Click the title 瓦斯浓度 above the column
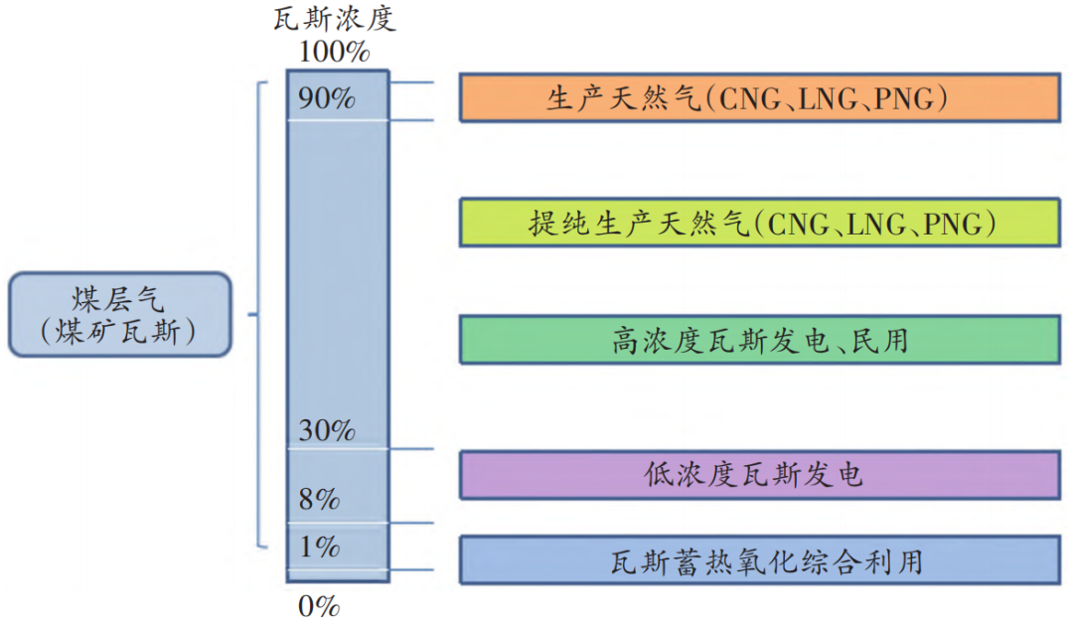point(335,19)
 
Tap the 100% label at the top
point(335,50)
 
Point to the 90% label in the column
point(327,98)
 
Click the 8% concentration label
point(320,499)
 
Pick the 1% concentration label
point(320,547)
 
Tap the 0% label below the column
point(320,605)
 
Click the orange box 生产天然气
point(758,96)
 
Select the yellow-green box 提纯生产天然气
point(758,224)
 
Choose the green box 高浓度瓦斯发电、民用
point(758,340)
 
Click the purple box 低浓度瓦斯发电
point(758,474)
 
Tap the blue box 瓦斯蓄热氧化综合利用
point(758,560)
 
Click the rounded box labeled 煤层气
point(119,314)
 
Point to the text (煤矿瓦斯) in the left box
point(119,333)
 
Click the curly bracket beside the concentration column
point(256,314)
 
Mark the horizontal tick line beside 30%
point(411,448)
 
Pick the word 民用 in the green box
point(880,341)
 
